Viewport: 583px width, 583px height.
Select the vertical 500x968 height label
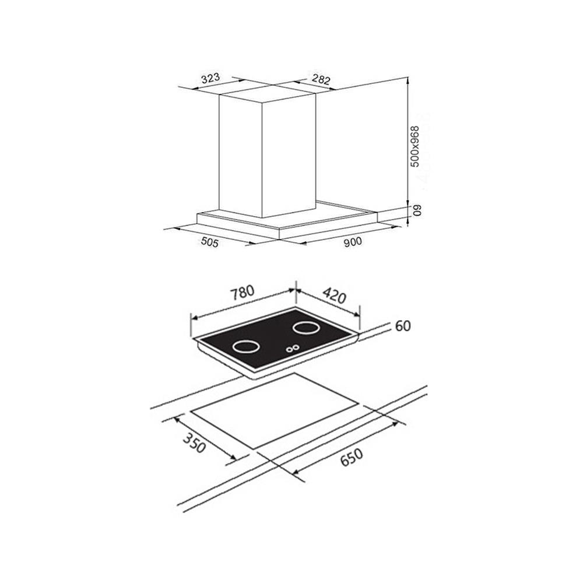pos(415,147)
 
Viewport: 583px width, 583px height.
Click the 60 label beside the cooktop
pos(402,326)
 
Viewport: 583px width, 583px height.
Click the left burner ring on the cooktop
pos(245,347)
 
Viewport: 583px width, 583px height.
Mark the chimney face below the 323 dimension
pos(239,157)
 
